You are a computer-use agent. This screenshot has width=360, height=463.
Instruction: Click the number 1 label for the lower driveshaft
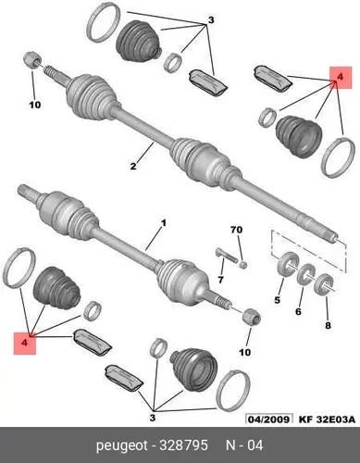[x=164, y=223]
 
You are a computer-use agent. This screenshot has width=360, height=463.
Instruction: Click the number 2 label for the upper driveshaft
[x=133, y=167]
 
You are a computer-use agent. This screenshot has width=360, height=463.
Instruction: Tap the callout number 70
[x=236, y=230]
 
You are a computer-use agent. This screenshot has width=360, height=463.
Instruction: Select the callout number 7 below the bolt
[x=220, y=280]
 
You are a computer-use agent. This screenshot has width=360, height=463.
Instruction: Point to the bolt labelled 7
[x=226, y=256]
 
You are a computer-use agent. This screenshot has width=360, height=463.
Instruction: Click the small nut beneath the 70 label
[x=243, y=265]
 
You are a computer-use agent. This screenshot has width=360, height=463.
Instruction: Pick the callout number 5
[x=278, y=300]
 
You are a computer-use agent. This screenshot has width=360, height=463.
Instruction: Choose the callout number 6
[x=298, y=311]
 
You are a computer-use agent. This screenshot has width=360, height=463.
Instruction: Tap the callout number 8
[x=328, y=325]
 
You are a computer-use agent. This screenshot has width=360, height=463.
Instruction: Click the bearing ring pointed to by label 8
[x=324, y=283]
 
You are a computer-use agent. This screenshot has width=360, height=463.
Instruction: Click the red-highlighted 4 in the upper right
[x=341, y=78]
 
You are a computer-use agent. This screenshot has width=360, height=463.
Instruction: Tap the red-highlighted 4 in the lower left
[x=25, y=344]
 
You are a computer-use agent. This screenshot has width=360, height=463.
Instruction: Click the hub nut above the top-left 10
[x=32, y=59]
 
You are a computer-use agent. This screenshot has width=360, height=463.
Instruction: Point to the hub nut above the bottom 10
[x=252, y=318]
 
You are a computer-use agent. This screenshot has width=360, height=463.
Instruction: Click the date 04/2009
[x=269, y=419]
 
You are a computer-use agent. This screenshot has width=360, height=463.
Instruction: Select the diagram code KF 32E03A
[x=327, y=419]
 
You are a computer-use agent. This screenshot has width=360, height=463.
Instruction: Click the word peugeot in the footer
[x=122, y=445]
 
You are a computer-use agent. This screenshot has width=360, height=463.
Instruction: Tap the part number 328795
[x=183, y=445]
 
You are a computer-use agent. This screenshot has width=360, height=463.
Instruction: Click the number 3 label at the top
[x=211, y=20]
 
